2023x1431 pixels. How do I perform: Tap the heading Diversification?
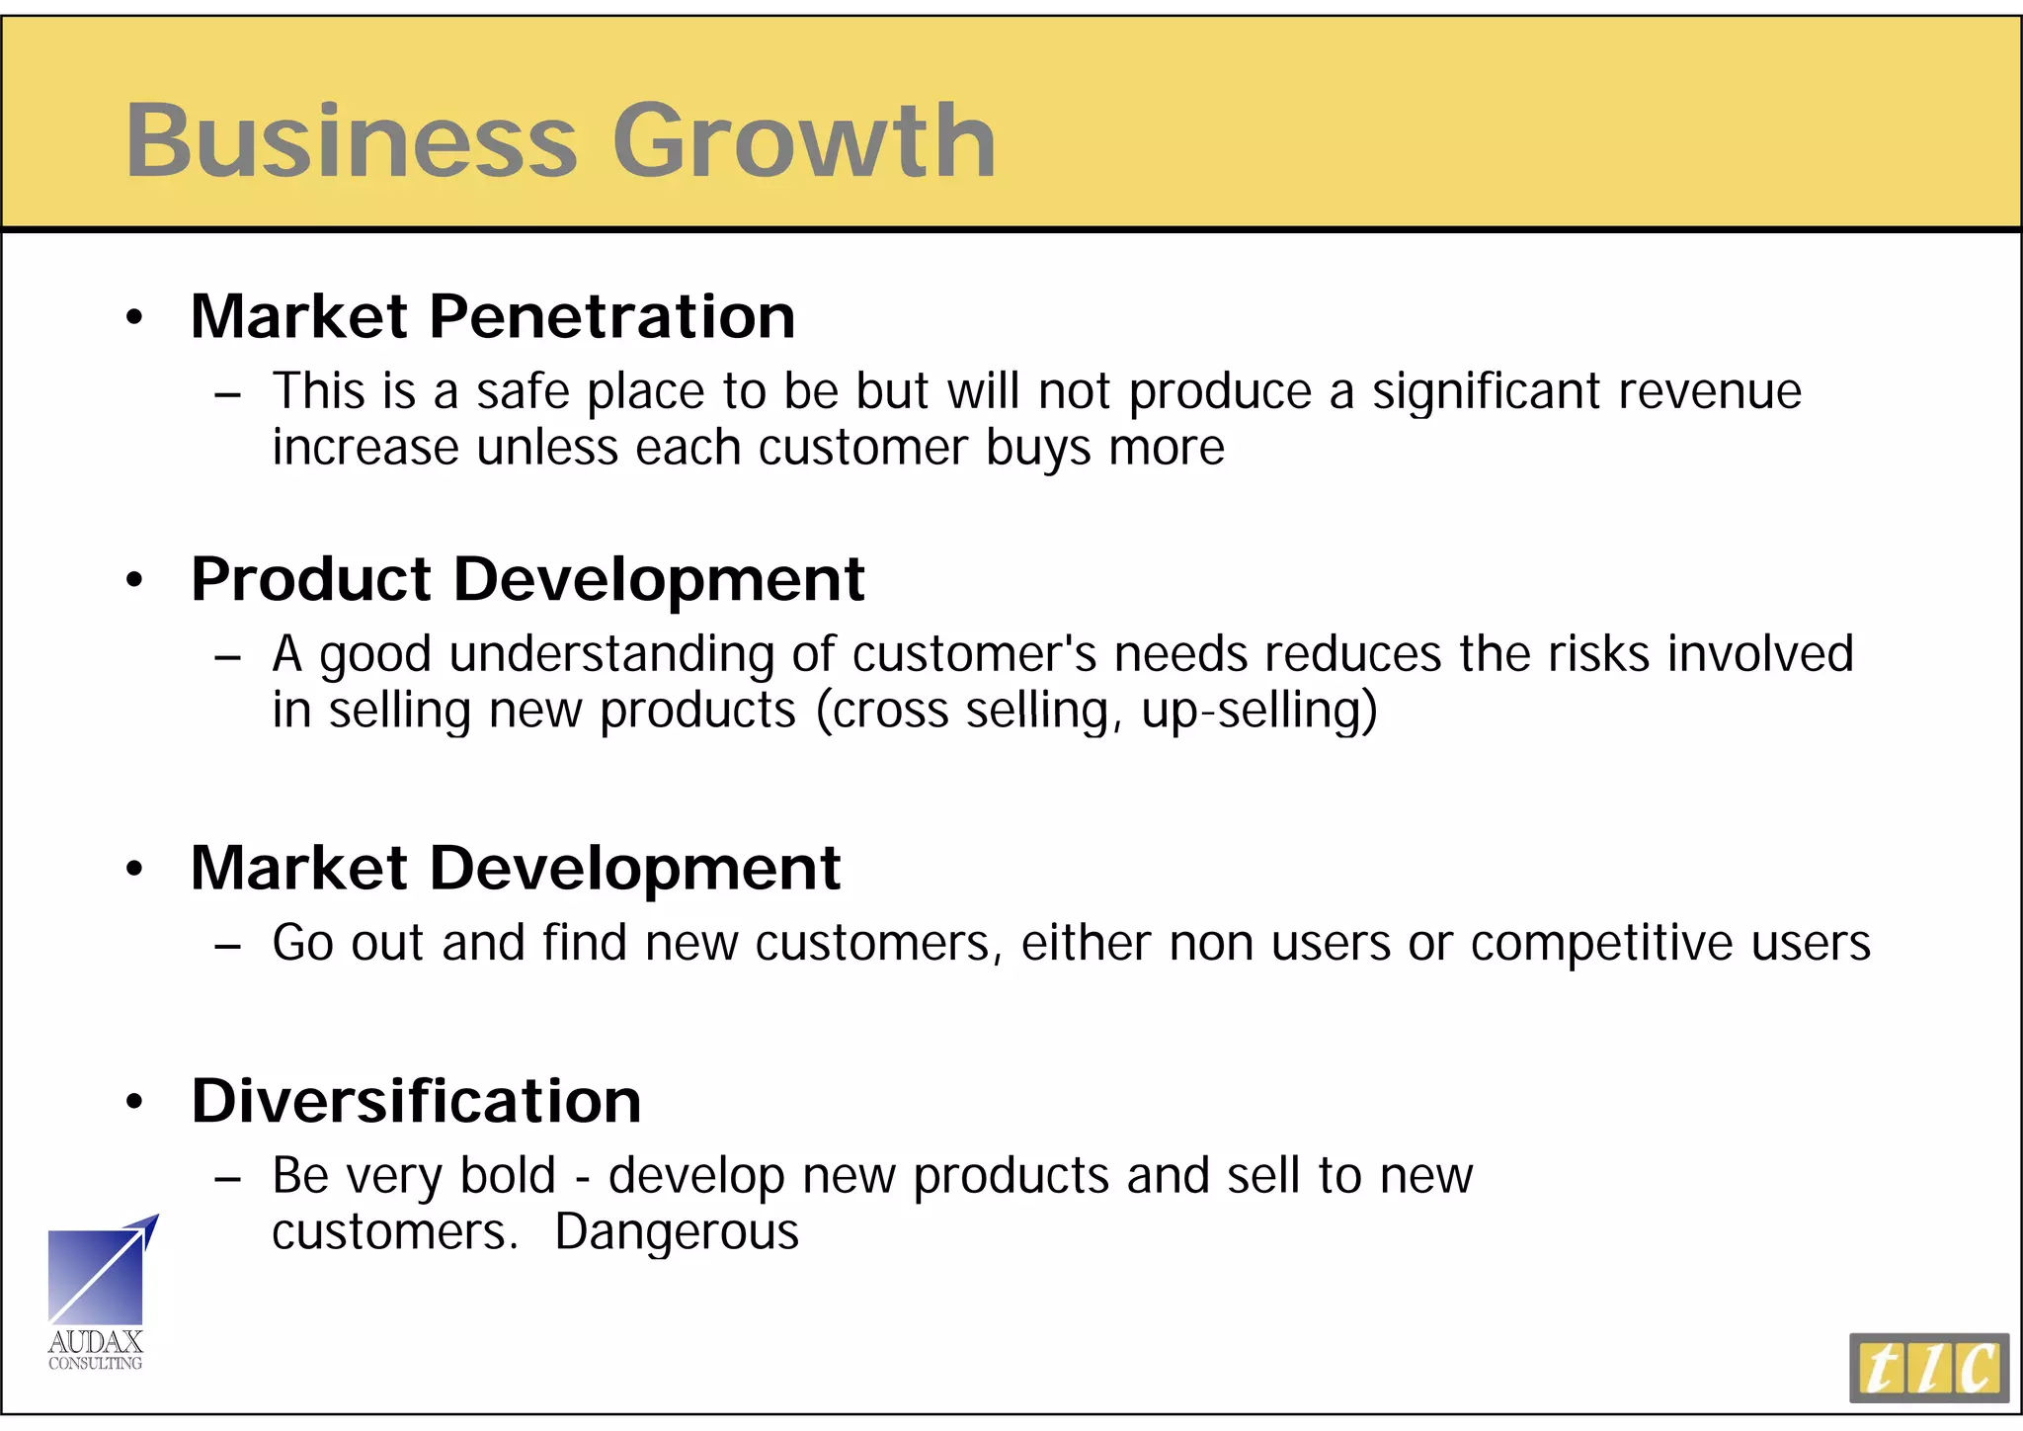pyautogui.click(x=416, y=1101)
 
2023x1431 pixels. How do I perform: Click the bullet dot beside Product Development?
pyautogui.click(x=135, y=580)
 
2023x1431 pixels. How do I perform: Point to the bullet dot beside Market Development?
pyautogui.click(x=135, y=870)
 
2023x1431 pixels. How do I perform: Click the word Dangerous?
pyautogui.click(x=677, y=1232)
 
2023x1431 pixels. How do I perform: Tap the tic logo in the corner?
pyautogui.click(x=1928, y=1368)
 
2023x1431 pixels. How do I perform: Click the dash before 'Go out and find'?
pyautogui.click(x=227, y=947)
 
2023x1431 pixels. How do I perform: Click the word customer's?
pyautogui.click(x=974, y=654)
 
